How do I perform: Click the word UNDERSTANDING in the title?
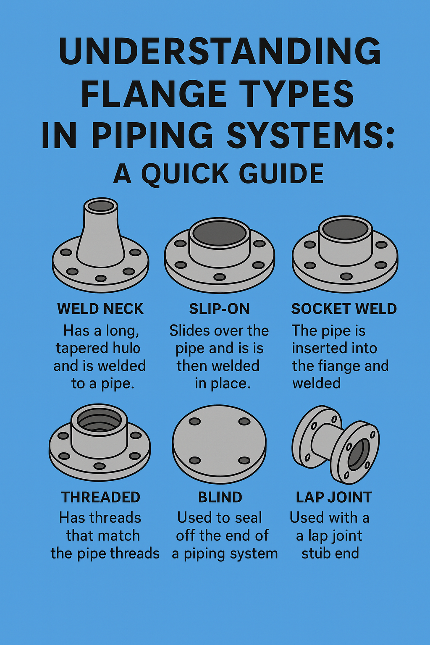(x=220, y=52)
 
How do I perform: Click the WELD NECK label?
(x=100, y=309)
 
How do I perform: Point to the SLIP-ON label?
(x=219, y=309)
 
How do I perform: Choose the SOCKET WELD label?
(x=344, y=309)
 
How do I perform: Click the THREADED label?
(x=101, y=497)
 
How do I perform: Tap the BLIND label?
(x=220, y=497)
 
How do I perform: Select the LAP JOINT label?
(x=334, y=497)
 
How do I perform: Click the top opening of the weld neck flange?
(x=101, y=206)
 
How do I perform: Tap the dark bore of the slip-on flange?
(x=219, y=233)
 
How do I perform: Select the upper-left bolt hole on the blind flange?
(x=195, y=422)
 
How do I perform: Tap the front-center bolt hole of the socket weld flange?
(x=346, y=276)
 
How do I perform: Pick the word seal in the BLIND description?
(x=249, y=518)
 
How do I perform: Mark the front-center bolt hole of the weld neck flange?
(x=101, y=278)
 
